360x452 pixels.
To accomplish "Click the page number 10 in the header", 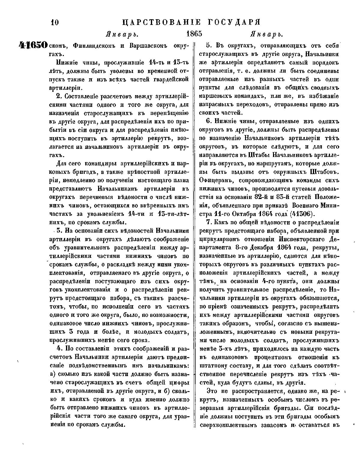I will pos(54,22).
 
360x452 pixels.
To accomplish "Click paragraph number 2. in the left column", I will pos(59,97).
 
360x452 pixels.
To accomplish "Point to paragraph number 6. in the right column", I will pos(209,122).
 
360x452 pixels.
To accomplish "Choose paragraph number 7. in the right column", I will pos(209,222).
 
